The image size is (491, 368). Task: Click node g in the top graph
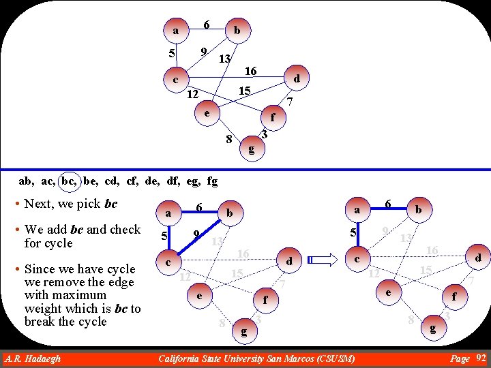pos(252,149)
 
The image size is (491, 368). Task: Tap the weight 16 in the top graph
pos(250,71)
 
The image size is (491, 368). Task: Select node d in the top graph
pos(297,79)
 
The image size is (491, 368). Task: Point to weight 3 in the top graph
pos(264,136)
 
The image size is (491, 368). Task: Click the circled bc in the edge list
pos(69,181)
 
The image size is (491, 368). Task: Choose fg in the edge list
pos(212,181)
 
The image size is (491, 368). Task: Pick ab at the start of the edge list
pos(25,181)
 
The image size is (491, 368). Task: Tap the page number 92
pos(481,358)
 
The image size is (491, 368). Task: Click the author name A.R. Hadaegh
pos(32,358)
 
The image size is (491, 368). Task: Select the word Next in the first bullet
pos(38,204)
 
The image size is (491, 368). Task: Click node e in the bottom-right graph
pos(387,292)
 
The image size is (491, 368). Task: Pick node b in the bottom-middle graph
pos(230,213)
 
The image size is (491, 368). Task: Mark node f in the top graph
pos(272,117)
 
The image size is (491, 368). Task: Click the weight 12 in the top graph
pos(193,93)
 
